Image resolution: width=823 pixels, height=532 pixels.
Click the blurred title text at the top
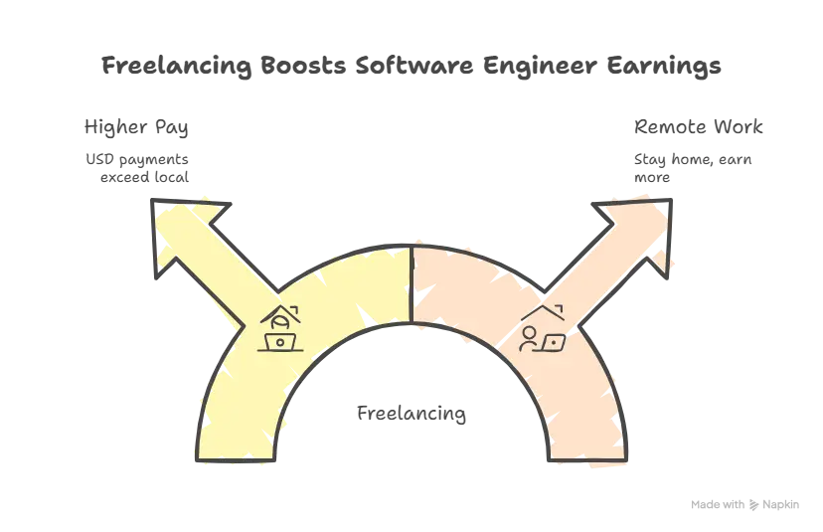tap(411, 68)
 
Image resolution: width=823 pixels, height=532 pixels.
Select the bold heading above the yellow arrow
tap(133, 127)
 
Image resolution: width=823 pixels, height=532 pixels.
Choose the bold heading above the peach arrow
tap(696, 126)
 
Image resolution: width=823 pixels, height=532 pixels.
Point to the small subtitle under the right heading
tap(693, 163)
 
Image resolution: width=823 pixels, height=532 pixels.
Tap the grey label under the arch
tap(411, 413)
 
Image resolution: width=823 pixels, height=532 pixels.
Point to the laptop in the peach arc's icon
tap(553, 342)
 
